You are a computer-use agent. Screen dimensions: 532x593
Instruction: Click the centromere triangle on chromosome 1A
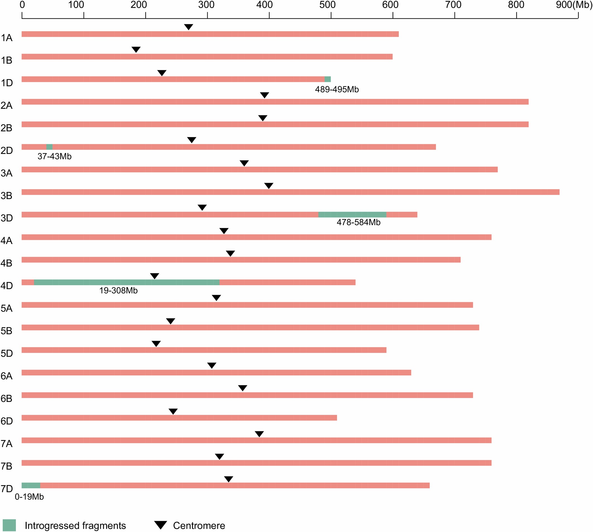(189, 27)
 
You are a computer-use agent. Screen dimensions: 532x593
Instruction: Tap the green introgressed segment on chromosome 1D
(328, 79)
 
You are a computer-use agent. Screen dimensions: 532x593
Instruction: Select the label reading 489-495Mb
(337, 90)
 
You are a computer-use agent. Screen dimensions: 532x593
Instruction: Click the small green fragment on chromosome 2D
(49, 147)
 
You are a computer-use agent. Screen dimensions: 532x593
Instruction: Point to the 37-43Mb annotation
(54, 157)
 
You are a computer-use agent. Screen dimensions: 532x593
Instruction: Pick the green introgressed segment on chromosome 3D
(352, 215)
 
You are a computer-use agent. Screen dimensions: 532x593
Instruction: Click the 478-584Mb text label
(359, 222)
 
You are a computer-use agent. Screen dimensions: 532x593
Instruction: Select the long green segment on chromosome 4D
(127, 282)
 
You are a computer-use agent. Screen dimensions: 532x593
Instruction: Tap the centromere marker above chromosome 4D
(154, 276)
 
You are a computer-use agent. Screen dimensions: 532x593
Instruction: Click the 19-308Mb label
(118, 291)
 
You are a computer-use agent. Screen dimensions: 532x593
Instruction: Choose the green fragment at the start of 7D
(31, 485)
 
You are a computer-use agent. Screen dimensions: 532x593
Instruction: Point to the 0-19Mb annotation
(29, 497)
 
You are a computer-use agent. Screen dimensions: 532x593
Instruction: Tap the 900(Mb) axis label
(574, 5)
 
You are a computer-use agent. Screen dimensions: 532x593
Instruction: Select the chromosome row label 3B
(6, 196)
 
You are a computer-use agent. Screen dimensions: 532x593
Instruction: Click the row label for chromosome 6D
(6, 421)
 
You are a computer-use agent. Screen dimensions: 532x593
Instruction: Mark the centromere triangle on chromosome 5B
(171, 321)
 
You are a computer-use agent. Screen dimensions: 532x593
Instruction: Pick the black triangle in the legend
(160, 525)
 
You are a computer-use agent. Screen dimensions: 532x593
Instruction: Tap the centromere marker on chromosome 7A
(259, 434)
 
